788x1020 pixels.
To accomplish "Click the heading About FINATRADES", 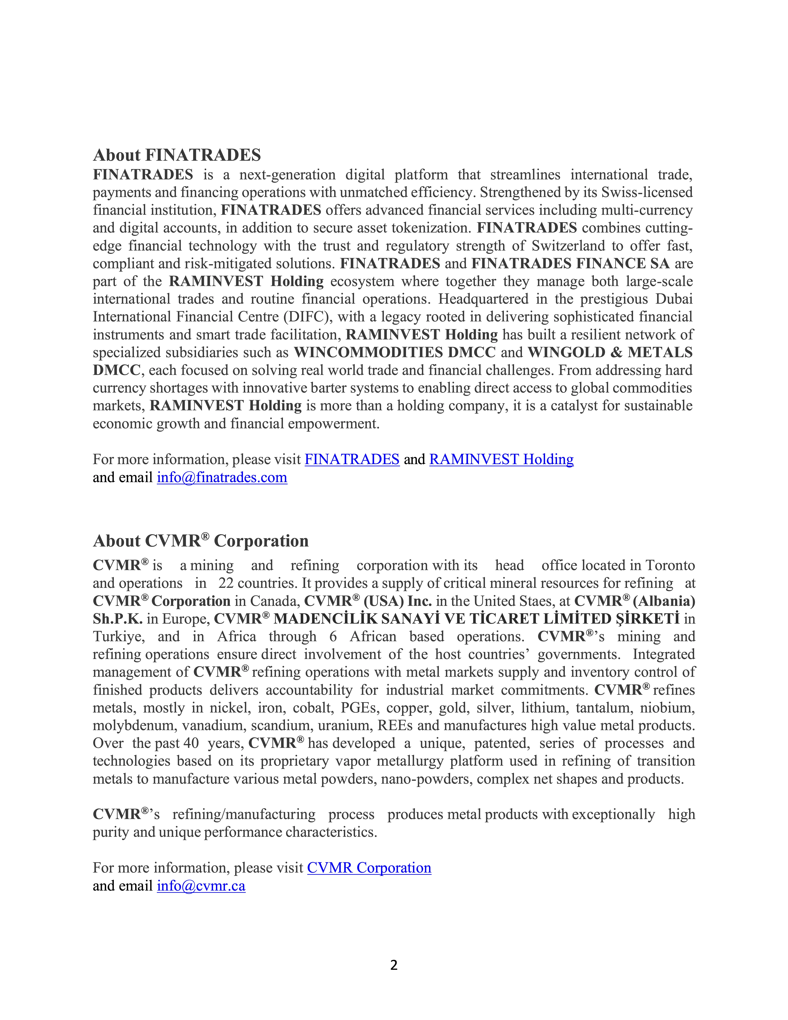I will [177, 155].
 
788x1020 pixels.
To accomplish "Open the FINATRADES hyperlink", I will [352, 460].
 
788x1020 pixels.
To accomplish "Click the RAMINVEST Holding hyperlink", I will [501, 460].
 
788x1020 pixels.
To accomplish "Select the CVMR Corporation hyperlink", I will [369, 868].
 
